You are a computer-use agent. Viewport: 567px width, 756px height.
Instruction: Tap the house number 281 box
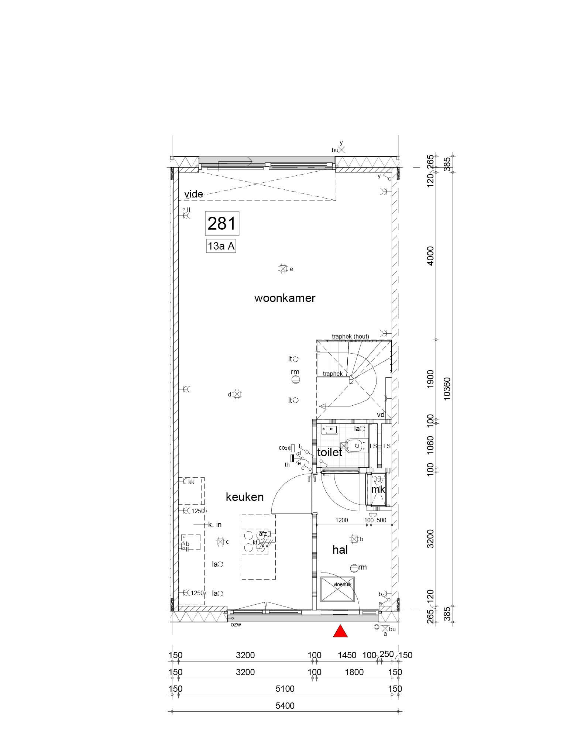[x=221, y=223]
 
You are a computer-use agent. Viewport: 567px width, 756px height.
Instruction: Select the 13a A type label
[x=221, y=246]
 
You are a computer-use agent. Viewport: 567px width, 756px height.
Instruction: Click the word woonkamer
[x=285, y=298]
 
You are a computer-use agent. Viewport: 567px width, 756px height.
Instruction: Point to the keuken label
[x=245, y=497]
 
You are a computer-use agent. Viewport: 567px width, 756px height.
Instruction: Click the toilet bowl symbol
[x=354, y=446]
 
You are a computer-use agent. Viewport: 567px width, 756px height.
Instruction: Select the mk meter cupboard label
[x=378, y=489]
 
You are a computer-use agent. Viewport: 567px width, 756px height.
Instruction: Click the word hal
[x=340, y=550]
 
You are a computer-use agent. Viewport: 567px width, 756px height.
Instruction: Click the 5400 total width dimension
[x=285, y=706]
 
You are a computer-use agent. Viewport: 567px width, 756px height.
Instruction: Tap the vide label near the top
[x=194, y=194]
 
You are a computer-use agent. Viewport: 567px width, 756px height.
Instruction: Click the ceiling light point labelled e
[x=283, y=269]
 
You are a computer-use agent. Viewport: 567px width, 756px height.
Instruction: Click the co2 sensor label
[x=283, y=448]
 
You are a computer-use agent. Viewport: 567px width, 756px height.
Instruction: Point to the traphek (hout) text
[x=350, y=336]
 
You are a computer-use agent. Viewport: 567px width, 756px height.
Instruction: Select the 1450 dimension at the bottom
[x=347, y=655]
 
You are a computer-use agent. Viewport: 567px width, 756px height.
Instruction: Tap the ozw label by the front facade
[x=236, y=625]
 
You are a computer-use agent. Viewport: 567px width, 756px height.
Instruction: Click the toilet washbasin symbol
[x=330, y=429]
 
